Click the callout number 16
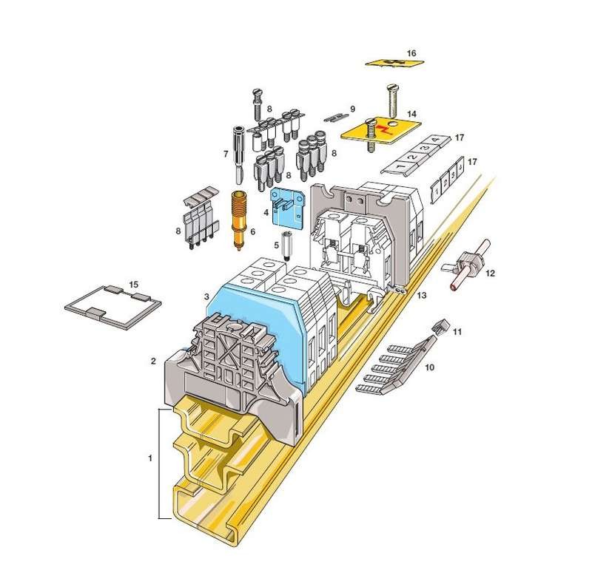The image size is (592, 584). tap(411, 53)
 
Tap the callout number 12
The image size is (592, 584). tap(490, 273)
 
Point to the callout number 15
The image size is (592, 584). tap(134, 284)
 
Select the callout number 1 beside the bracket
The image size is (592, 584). tap(150, 458)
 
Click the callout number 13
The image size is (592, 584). tap(422, 296)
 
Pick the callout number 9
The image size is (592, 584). tap(353, 109)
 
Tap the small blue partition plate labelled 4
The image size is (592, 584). tap(287, 207)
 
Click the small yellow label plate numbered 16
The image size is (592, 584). tap(394, 63)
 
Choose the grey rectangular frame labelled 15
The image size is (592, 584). tap(113, 305)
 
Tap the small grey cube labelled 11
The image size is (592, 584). tap(440, 326)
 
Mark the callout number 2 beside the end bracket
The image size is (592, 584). tap(153, 361)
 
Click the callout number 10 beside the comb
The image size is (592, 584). tap(430, 367)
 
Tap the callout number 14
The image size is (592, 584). tap(411, 114)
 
